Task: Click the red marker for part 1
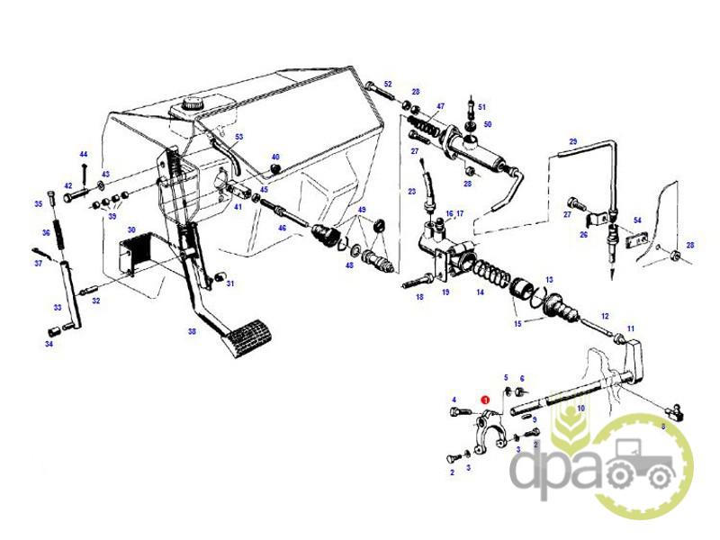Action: point(486,400)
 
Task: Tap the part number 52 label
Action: point(388,85)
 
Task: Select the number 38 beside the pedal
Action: point(192,331)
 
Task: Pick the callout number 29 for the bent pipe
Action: point(571,141)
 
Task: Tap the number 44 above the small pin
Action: point(83,155)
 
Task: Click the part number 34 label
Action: point(49,343)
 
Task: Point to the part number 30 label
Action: point(131,230)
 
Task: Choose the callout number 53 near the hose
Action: point(239,137)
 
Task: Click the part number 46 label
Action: point(282,229)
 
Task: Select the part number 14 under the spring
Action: point(481,292)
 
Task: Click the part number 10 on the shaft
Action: point(580,409)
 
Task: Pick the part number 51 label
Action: point(481,106)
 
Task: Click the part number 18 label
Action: point(418,296)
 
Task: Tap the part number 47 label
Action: point(440,106)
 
